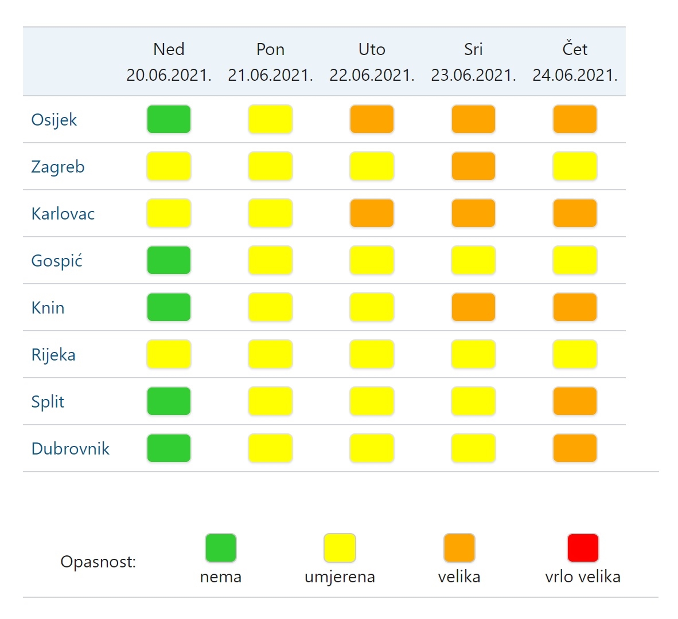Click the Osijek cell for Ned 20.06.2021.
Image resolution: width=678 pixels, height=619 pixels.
click(169, 119)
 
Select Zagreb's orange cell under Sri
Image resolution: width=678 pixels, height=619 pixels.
click(473, 166)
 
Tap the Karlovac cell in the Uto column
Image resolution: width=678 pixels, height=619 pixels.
click(372, 213)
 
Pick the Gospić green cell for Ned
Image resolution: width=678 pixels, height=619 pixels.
click(169, 260)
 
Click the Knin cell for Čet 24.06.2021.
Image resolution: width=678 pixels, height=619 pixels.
click(575, 308)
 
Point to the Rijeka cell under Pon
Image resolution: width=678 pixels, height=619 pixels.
click(270, 355)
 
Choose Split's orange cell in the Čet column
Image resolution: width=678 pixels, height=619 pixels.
click(575, 402)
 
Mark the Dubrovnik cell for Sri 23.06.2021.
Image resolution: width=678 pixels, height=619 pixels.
click(473, 449)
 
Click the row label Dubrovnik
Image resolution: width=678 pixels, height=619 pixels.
click(70, 449)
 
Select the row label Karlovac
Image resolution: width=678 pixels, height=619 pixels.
click(63, 213)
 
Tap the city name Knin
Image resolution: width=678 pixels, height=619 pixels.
click(48, 308)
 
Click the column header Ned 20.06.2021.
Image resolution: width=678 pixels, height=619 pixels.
click(169, 62)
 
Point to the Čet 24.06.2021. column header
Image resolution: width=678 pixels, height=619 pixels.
click(575, 62)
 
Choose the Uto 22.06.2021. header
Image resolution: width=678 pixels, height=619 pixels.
click(372, 62)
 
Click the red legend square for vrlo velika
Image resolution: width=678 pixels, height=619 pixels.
click(583, 548)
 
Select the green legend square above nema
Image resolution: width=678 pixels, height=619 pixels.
click(220, 548)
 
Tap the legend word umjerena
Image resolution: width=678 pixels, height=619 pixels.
click(340, 577)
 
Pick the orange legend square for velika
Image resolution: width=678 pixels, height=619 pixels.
click(459, 548)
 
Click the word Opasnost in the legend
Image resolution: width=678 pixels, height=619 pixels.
click(98, 562)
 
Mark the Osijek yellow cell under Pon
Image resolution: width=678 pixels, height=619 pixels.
click(270, 119)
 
